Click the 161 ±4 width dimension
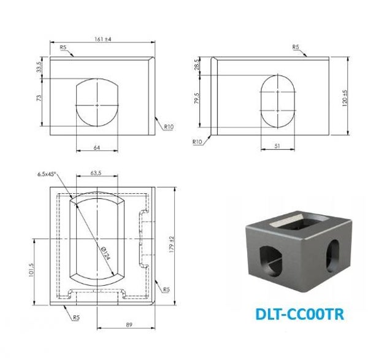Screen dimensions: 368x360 point(103,39)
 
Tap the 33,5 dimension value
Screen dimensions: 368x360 point(39,67)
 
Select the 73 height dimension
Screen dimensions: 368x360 point(39,98)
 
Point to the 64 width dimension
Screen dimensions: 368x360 point(97,148)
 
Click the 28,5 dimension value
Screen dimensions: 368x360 point(196,64)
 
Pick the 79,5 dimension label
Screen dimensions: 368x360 point(197,98)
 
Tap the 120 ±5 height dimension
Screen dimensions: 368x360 point(345,98)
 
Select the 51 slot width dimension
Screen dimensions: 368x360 point(277,146)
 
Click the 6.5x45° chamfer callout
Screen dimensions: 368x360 point(47,174)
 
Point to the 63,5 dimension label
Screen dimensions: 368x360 point(96,173)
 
